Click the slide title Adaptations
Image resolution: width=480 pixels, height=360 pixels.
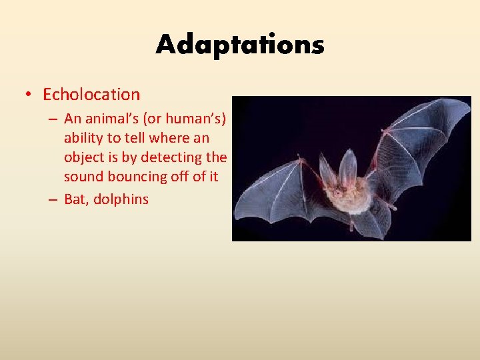(x=240, y=45)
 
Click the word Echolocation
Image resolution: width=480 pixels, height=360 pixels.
(x=91, y=95)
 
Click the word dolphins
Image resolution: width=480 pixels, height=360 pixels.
(x=121, y=199)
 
